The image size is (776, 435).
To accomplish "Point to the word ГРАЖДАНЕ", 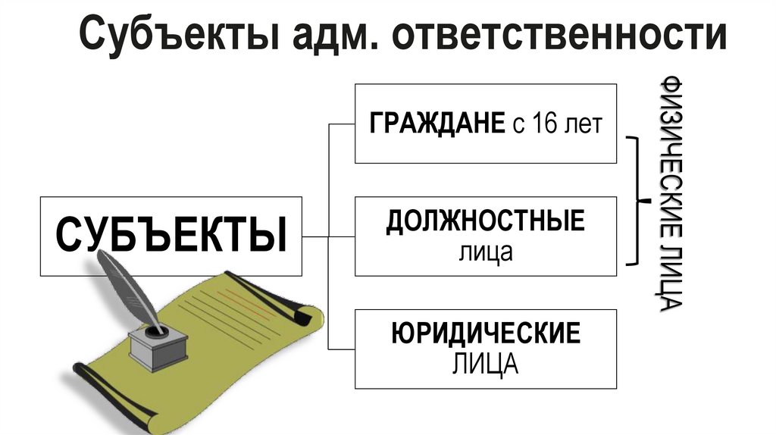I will click(x=436, y=124).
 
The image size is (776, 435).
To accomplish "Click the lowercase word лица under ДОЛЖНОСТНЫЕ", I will click(x=485, y=252).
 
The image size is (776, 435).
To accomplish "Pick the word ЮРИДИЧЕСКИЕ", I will click(x=486, y=333).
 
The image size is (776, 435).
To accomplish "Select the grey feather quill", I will click(x=129, y=284).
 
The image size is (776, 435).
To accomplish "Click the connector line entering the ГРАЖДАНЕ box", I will click(x=341, y=124).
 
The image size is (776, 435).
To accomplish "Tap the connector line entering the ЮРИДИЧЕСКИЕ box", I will click(x=341, y=349).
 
